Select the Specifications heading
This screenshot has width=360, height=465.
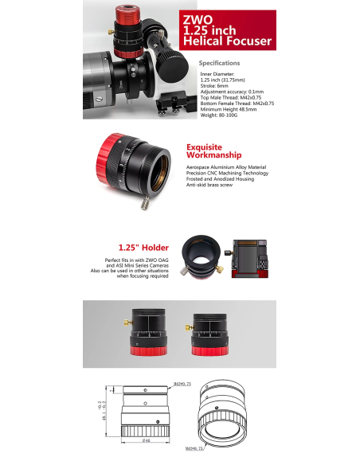(x=219, y=62)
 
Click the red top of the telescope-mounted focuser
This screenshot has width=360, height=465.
(x=122, y=13)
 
